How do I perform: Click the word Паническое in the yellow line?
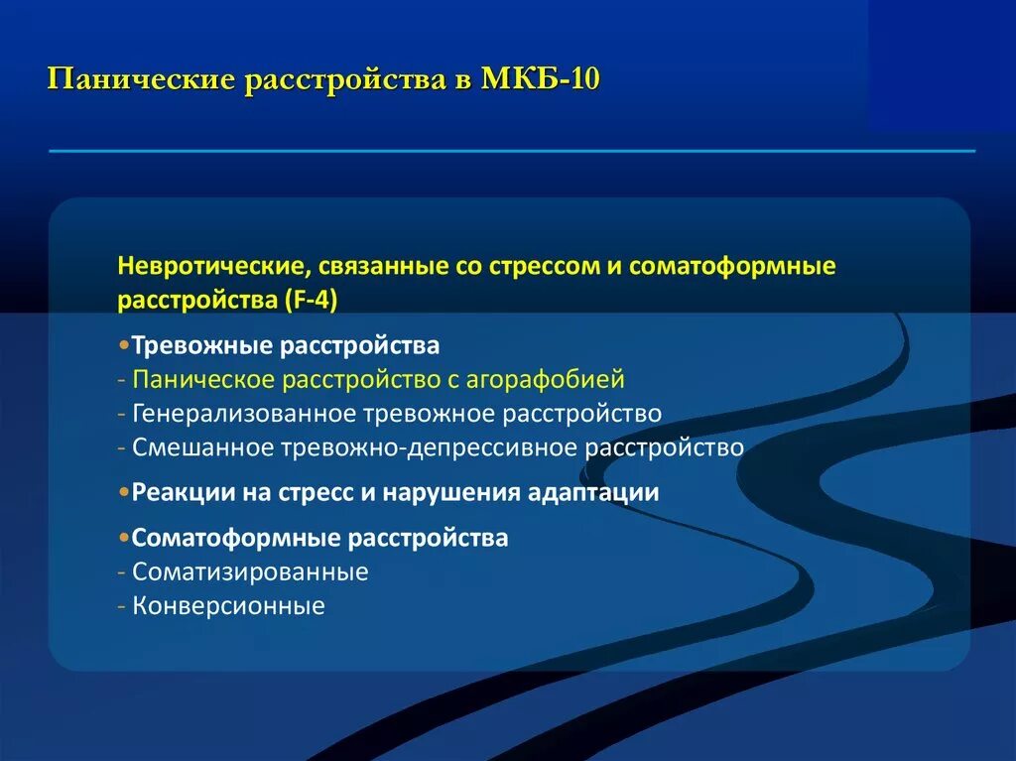(x=203, y=379)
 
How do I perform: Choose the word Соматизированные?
(x=250, y=571)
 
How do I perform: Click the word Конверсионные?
(x=228, y=605)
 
